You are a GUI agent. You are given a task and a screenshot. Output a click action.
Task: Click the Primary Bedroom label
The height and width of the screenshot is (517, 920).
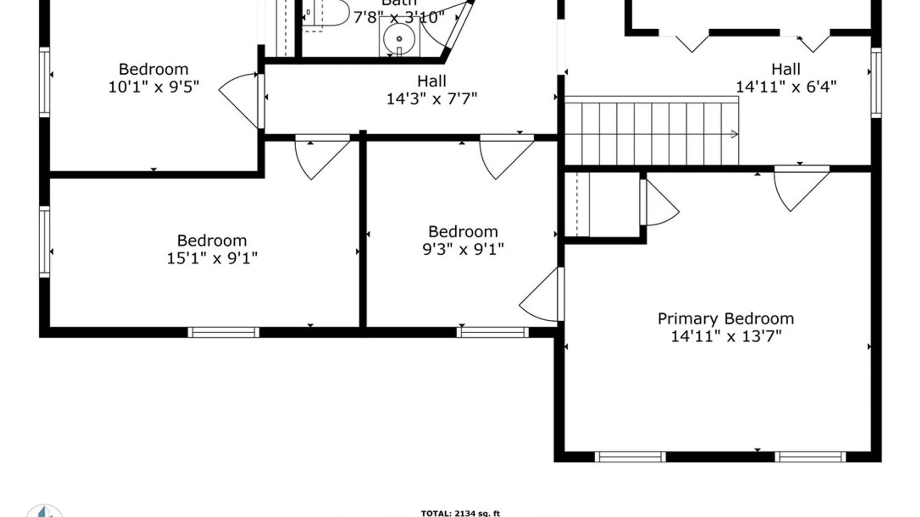pos(725,318)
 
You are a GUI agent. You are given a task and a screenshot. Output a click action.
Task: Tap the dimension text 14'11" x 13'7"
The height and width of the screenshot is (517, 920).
pos(725,337)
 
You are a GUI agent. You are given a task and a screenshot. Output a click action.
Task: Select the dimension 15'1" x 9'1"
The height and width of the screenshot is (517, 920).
pos(212,258)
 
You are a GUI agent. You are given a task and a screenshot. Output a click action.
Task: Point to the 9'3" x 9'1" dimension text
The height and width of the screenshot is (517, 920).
pos(463,249)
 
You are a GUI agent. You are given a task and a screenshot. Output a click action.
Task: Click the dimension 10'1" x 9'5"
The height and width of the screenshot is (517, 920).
pos(153,87)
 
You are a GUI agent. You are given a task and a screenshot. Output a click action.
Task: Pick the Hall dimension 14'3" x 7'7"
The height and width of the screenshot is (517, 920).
pos(431,99)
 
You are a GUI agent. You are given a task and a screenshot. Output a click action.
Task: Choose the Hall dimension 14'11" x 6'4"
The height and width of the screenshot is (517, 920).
pos(786,87)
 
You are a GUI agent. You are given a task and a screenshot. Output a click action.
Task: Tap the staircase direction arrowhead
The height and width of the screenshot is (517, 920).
pos(734,135)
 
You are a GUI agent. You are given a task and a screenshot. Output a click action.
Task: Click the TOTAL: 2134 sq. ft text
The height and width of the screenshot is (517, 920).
pos(460,513)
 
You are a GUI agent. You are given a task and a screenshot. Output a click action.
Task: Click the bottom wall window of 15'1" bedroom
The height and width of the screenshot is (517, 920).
pos(223,332)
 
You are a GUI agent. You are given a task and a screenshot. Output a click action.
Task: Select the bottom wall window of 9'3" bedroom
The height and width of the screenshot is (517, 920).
pos(493,332)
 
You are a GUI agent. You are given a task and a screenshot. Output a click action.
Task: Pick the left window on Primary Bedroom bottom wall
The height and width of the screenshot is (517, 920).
pos(630,457)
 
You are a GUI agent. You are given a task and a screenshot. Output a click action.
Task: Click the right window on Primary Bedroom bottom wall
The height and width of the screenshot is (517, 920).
pos(810,457)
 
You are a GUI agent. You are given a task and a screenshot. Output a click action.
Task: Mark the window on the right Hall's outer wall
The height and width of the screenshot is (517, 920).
pos(876,82)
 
